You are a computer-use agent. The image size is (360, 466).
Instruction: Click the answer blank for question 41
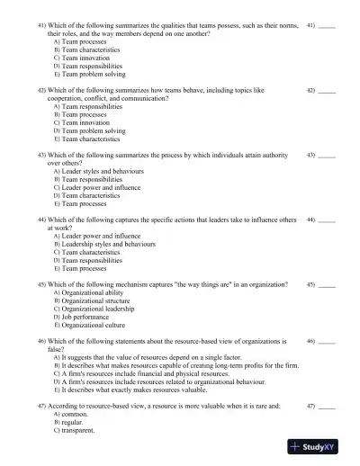pyautogui.click(x=327, y=27)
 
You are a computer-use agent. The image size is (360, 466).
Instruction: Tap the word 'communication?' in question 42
pyautogui.click(x=141, y=99)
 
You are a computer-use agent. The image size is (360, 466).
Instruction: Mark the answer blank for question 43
pyautogui.click(x=327, y=156)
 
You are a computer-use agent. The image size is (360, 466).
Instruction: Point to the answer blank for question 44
pyautogui.click(x=327, y=220)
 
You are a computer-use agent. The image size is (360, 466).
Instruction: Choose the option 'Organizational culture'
pyautogui.click(x=93, y=325)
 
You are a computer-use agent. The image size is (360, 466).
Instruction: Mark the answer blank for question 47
pyautogui.click(x=327, y=407)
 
